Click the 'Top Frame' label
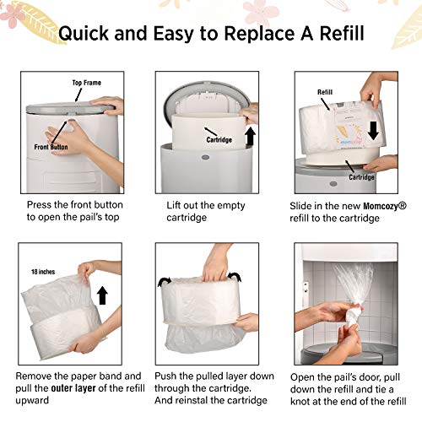click(x=86, y=83)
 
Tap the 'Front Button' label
click(x=51, y=147)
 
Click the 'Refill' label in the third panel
click(x=325, y=92)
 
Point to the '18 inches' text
click(x=43, y=272)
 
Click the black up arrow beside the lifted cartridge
click(x=250, y=137)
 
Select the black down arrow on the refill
click(x=373, y=131)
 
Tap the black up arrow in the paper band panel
click(x=102, y=295)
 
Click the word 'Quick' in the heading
click(x=84, y=34)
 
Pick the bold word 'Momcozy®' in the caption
click(x=385, y=206)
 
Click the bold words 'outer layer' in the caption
click(x=73, y=388)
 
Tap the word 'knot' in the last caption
click(x=300, y=401)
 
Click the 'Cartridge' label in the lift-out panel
click(x=219, y=140)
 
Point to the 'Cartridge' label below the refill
click(x=361, y=177)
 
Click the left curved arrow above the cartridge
click(x=165, y=281)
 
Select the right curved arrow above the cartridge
click(x=235, y=276)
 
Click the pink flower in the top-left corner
click(x=13, y=14)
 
